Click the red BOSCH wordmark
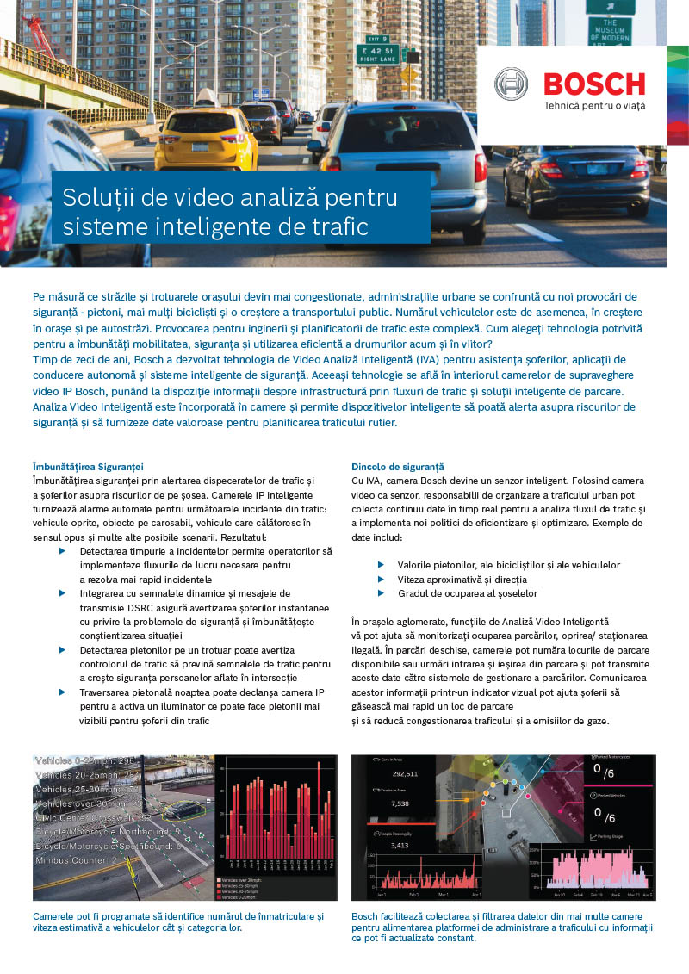594,84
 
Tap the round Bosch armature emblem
511,84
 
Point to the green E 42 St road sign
377,53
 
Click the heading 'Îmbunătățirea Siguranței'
88,466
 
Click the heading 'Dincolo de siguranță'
397,466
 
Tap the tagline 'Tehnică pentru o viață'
594,106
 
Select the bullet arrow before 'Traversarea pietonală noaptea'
62,692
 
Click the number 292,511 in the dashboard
405,774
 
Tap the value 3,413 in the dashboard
400,846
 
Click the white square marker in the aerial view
506,812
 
